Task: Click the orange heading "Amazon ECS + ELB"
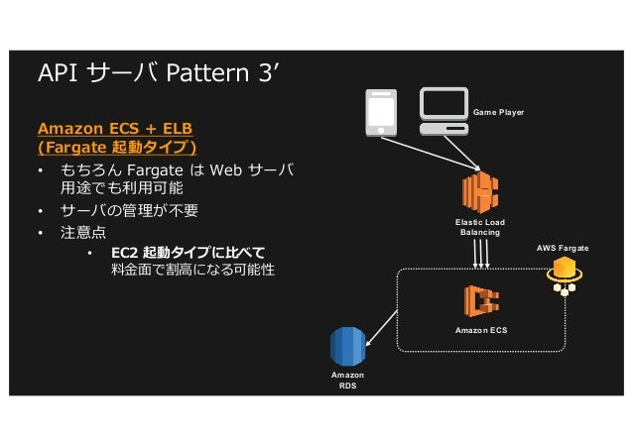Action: coord(115,129)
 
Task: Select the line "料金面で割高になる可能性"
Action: coord(192,270)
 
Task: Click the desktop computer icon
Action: coord(443,112)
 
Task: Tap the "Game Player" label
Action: coord(498,113)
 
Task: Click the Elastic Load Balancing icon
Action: coord(480,192)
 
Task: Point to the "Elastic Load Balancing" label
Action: coord(480,227)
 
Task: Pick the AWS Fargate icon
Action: coord(566,274)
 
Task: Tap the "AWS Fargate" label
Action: coord(563,244)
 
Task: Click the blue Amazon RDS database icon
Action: coord(347,346)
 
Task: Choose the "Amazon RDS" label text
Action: coord(347,381)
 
